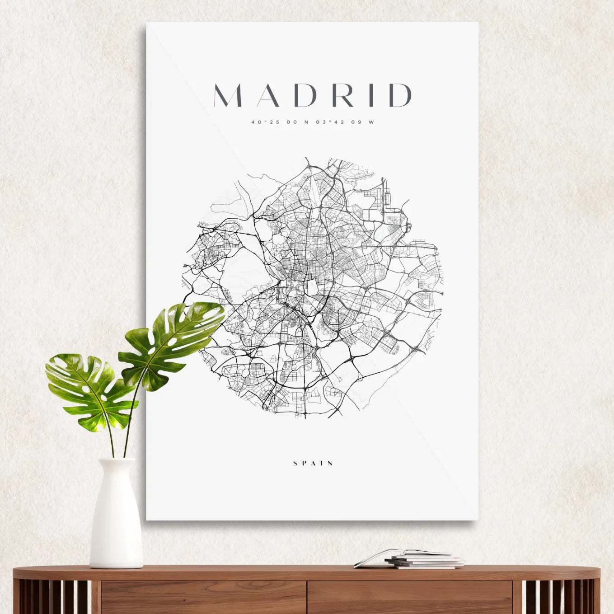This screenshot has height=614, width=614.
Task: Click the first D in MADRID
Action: coord(307,95)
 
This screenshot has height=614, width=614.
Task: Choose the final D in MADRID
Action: coord(400,95)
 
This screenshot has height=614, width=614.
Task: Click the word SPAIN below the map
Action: coord(313,463)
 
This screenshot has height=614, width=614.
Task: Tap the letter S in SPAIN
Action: coord(295,463)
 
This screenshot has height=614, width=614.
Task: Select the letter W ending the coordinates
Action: coord(371,122)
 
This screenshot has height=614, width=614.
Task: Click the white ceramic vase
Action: coord(116,515)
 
